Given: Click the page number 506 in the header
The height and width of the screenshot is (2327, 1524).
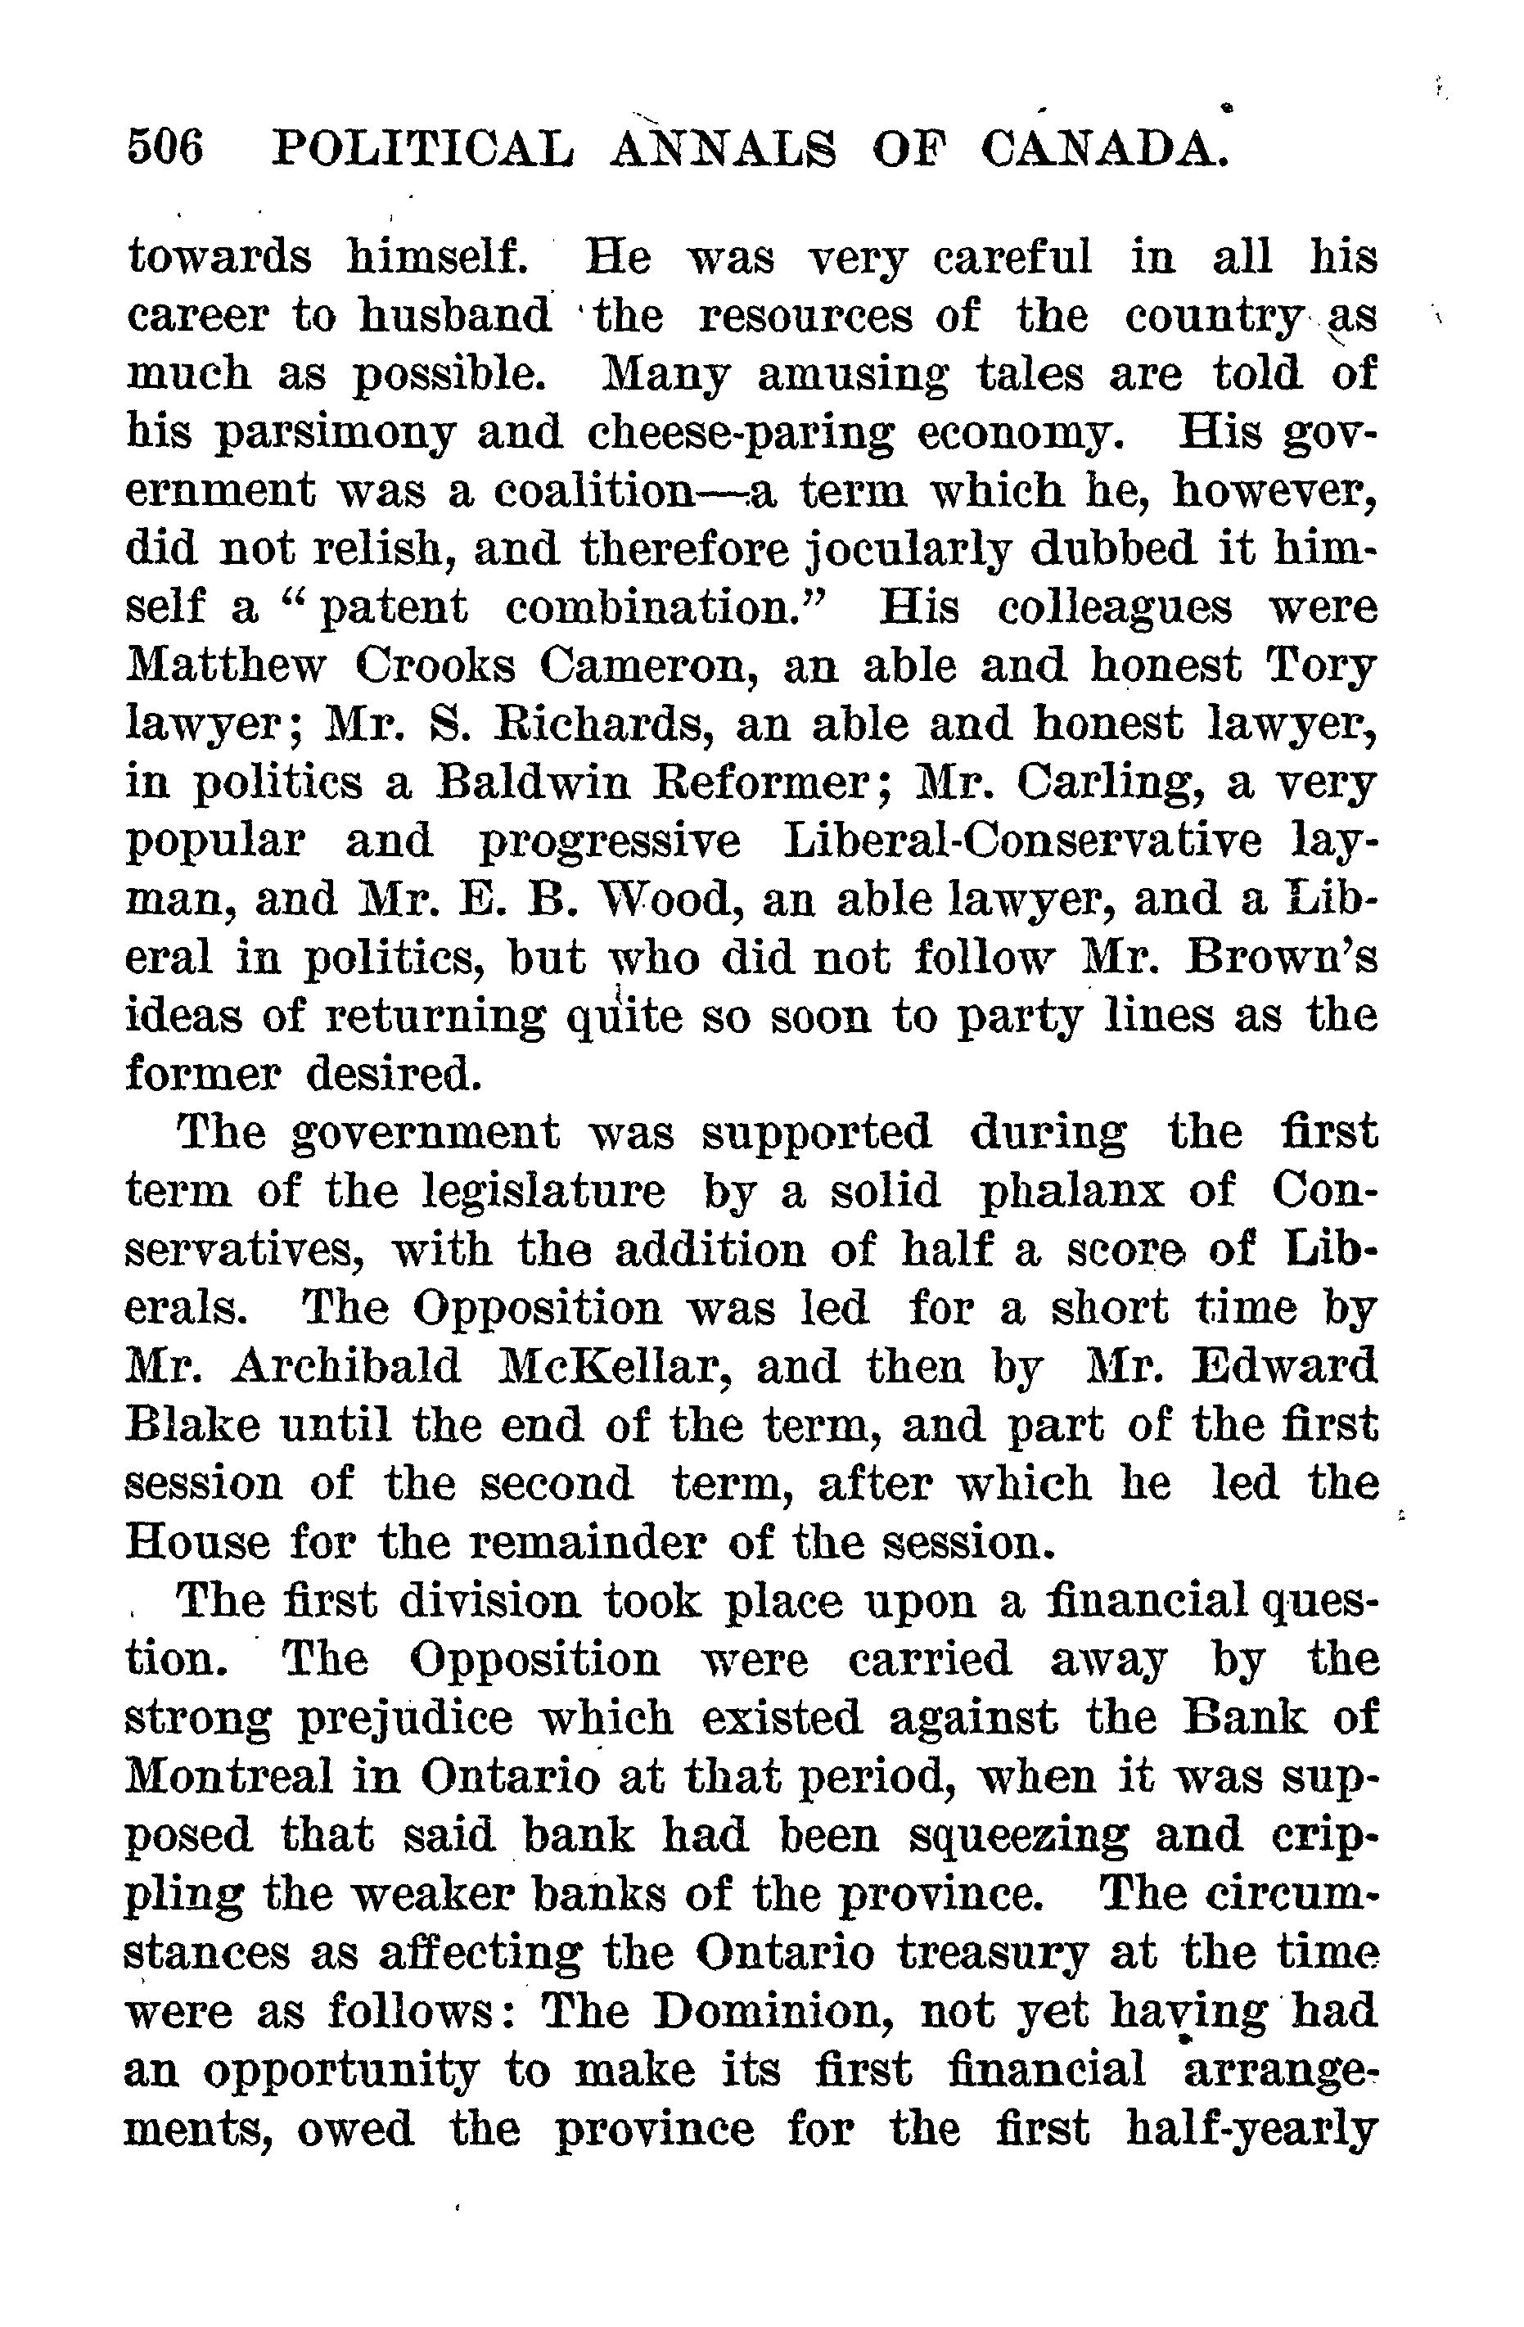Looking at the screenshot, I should [x=165, y=151].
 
